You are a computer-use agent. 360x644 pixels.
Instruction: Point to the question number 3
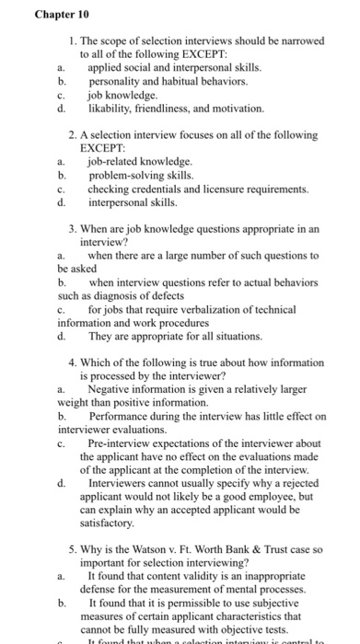[x=72, y=228]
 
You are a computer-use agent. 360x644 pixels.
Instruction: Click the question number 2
[x=72, y=134]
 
